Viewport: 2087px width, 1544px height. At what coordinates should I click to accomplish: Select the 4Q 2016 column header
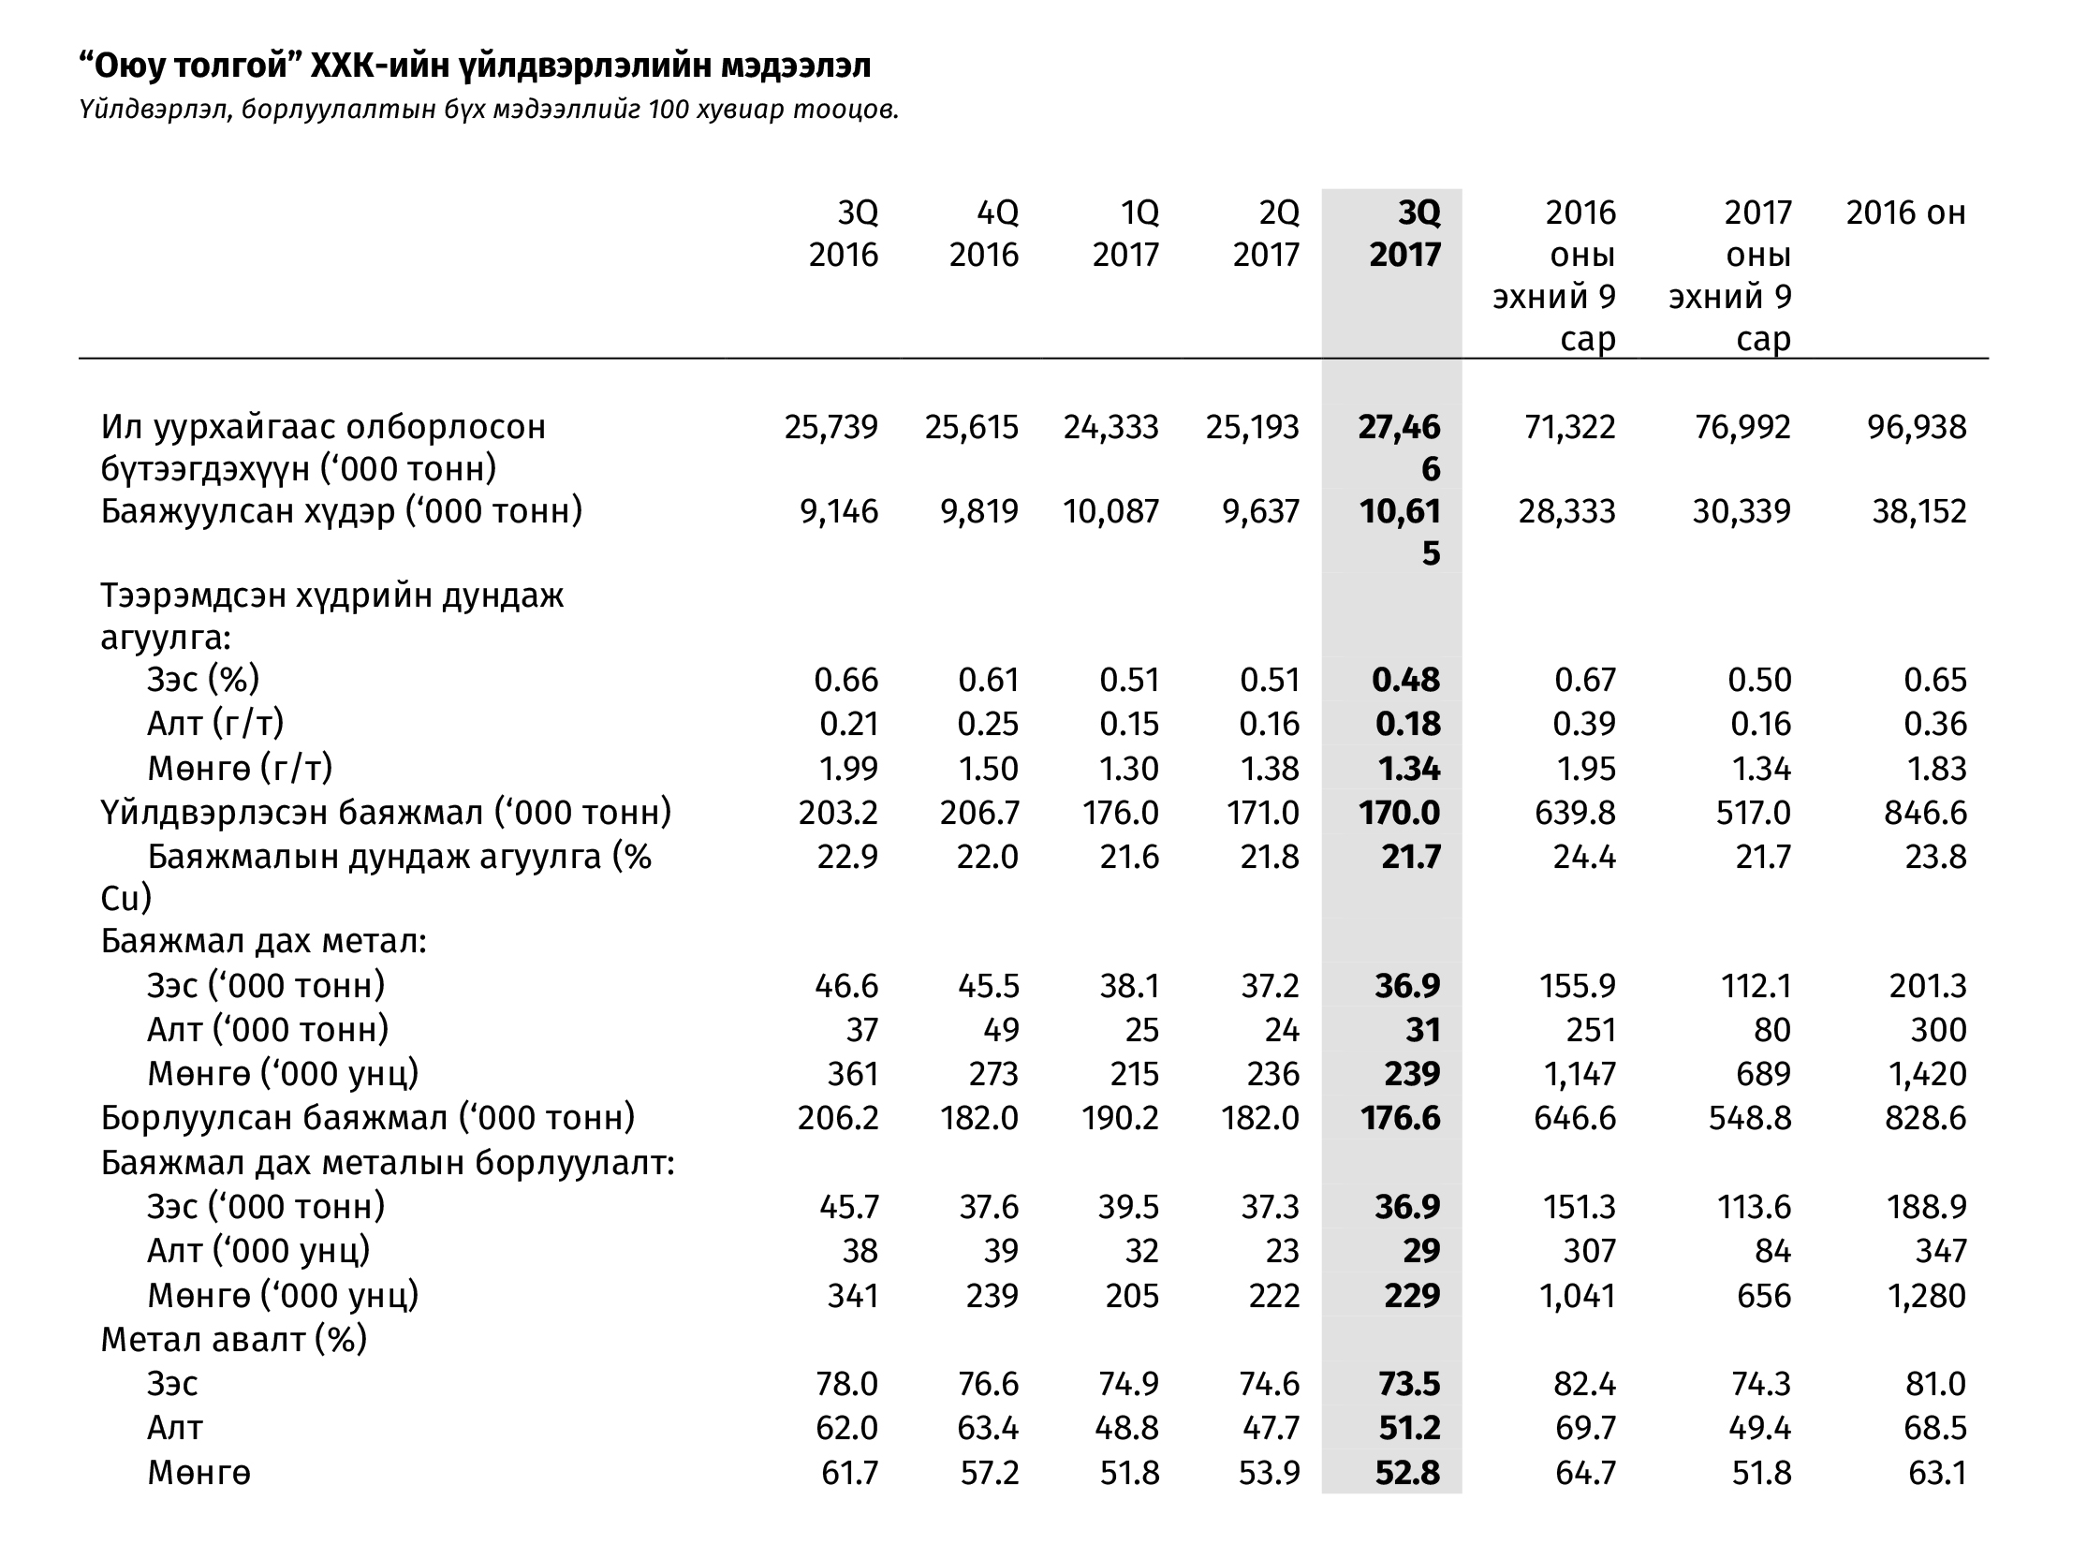(984, 233)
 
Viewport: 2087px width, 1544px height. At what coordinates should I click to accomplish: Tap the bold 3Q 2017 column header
(1404, 233)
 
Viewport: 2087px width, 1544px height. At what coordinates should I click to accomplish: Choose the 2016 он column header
(1905, 213)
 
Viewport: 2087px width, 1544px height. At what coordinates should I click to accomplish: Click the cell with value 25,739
(831, 428)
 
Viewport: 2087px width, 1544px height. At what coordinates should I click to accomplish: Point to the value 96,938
(1918, 428)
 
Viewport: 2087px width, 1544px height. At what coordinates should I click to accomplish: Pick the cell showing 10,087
(1111, 511)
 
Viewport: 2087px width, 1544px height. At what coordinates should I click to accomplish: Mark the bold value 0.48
(1406, 680)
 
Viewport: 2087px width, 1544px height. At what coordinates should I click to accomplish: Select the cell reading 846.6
(1926, 813)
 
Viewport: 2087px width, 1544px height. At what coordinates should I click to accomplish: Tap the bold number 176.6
(1400, 1118)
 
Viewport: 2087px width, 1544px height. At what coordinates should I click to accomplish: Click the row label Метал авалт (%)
(234, 1340)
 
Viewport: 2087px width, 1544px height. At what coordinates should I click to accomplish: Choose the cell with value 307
(1590, 1251)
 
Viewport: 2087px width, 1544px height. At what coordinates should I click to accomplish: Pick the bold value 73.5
(1407, 1384)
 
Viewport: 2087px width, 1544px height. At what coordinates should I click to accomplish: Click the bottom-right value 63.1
(1937, 1474)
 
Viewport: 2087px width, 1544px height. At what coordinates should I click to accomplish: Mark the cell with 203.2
(838, 813)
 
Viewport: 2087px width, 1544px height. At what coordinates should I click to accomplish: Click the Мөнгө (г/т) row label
(241, 769)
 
